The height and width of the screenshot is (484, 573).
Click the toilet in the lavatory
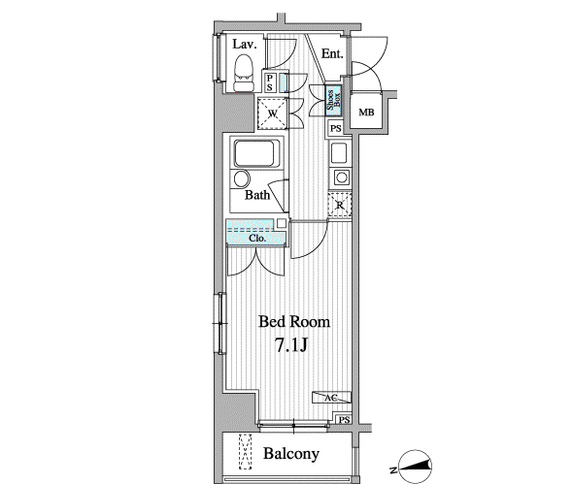pos(244,73)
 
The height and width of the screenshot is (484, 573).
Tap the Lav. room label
pos(245,45)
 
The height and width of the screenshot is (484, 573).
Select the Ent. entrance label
pos(332,54)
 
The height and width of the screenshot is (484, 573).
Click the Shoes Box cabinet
pos(333,100)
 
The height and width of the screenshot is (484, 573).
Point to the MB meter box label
pos(366,113)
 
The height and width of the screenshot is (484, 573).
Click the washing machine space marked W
pos(273,113)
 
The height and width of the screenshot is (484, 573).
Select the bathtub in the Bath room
pos(254,153)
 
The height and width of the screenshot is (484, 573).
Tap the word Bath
pos(257,195)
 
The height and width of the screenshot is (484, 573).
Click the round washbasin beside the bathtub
pos(242,179)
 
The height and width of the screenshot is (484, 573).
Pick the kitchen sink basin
pos(338,153)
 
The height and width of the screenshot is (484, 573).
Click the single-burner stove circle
pos(342,177)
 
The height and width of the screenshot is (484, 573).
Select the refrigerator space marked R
pos(340,205)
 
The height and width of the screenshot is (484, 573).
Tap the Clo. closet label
pos(257,239)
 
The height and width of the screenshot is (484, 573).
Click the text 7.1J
pos(291,345)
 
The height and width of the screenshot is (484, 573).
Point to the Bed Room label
pos(294,322)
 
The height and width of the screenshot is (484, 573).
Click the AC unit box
pos(331,397)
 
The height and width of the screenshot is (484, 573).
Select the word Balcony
pos(291,454)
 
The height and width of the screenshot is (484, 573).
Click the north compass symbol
pos(415,467)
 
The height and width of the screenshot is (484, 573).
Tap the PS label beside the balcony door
pos(344,420)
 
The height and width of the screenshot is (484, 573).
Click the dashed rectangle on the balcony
pos(245,451)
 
